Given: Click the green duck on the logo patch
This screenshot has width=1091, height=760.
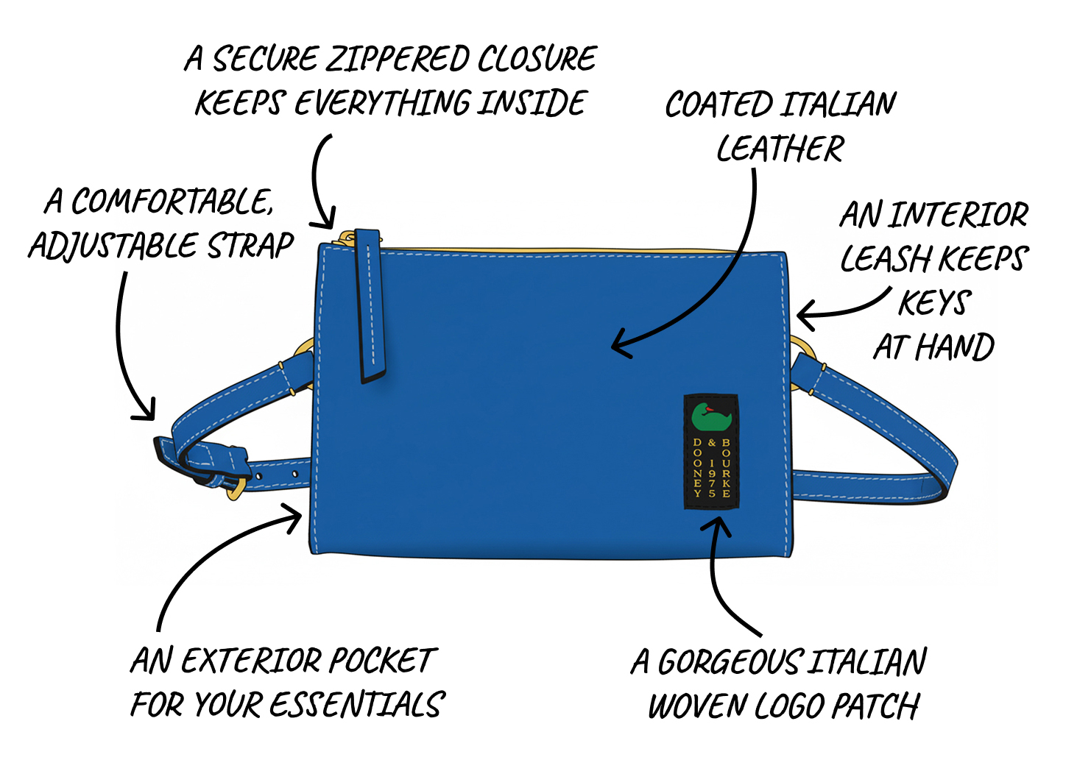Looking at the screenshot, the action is click(711, 418).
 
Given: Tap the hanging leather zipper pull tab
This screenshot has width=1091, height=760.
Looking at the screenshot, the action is click(370, 306).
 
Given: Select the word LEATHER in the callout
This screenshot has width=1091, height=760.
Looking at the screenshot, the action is click(780, 148).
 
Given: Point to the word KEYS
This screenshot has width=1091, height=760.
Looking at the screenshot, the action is click(935, 302).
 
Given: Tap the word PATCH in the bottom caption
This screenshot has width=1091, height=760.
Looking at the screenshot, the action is click(876, 706).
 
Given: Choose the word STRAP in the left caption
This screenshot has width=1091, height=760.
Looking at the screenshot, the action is click(250, 245).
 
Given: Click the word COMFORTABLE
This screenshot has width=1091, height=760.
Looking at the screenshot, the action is click(172, 201).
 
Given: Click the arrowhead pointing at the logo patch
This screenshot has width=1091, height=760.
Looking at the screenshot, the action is click(717, 525).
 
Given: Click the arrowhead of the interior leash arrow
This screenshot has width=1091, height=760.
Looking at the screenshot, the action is click(805, 316).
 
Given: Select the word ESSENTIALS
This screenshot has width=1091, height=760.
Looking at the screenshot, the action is click(357, 705).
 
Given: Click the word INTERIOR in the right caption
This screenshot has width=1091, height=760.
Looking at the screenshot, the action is click(957, 214).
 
